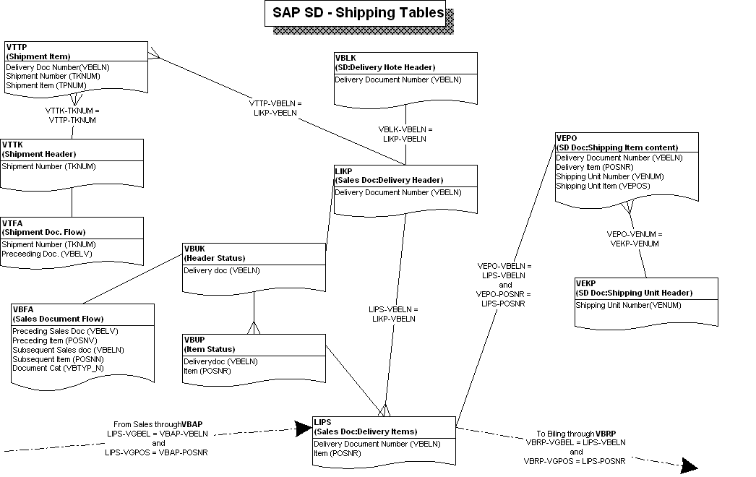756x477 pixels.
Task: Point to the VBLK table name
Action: tap(345, 58)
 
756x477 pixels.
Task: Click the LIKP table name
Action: tap(344, 171)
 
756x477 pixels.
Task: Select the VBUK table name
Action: tap(196, 249)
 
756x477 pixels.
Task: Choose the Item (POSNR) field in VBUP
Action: tap(201, 371)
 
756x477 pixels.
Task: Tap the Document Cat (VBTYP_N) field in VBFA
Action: tap(58, 368)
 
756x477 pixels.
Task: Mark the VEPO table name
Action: tap(567, 138)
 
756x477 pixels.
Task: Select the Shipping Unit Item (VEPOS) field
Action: tap(602, 186)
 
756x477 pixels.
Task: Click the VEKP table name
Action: tap(585, 283)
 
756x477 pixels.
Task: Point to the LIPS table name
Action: tap(322, 422)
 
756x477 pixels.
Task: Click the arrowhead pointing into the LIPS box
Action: tap(303, 429)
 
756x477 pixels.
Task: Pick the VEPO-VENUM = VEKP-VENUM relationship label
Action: tap(634, 239)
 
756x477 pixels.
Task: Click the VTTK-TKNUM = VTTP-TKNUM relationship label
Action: tap(72, 115)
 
